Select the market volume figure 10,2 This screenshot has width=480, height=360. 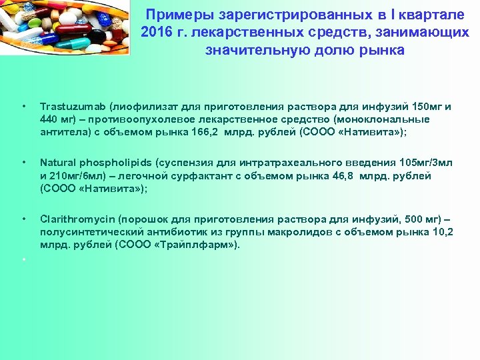pyautogui.click(x=442, y=231)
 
